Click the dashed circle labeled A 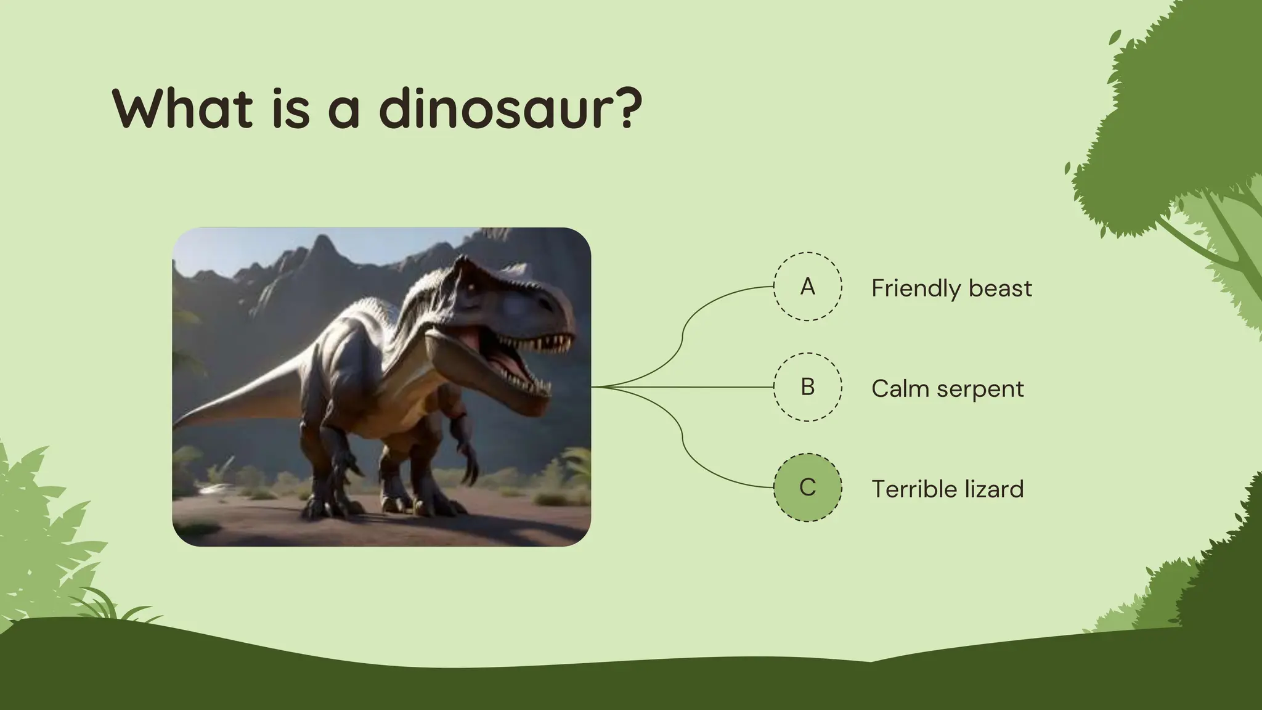[x=807, y=287]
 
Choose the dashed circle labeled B [x=807, y=387]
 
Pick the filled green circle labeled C [x=807, y=488]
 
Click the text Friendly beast [x=951, y=288]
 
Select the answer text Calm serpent [x=947, y=389]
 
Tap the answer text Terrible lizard [x=947, y=489]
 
